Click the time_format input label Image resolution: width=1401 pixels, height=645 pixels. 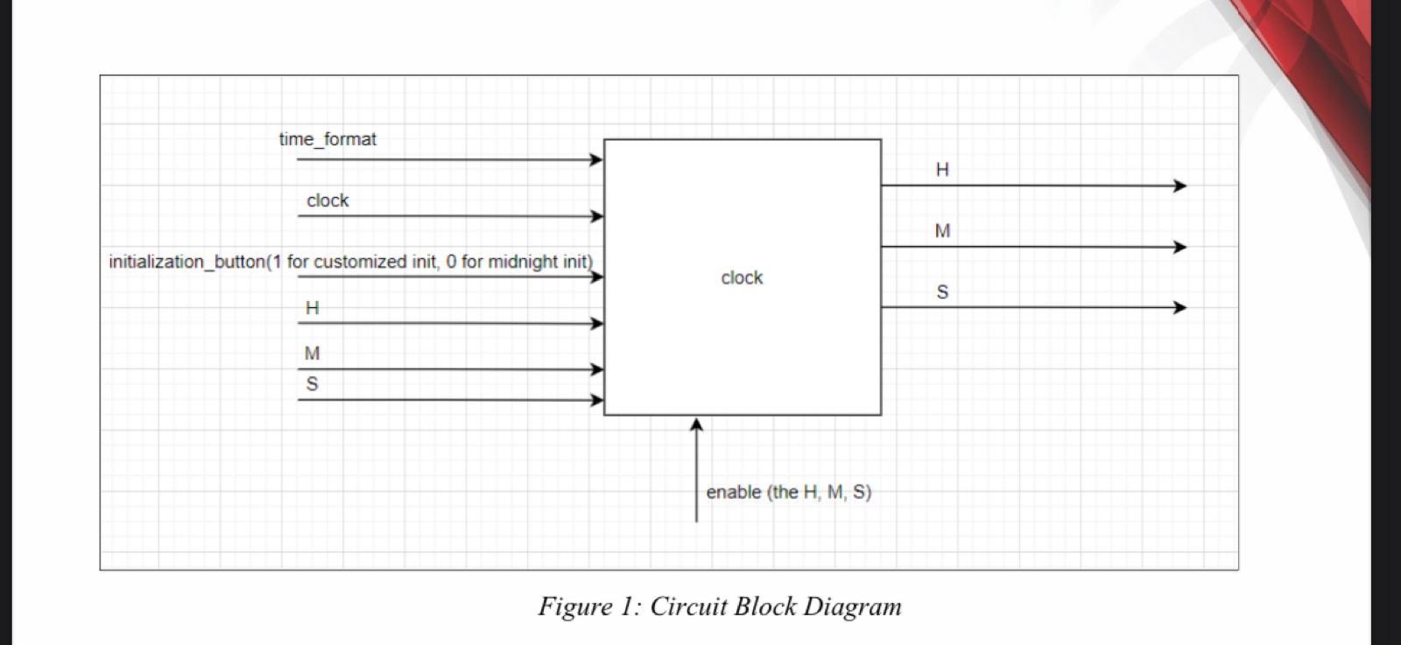[x=327, y=139]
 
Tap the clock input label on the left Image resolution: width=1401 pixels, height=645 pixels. [x=327, y=200]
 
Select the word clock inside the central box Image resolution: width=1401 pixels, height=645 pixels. [x=742, y=277]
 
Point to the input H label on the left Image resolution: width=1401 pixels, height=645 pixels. [x=312, y=308]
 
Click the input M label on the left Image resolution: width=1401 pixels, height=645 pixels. [x=312, y=354]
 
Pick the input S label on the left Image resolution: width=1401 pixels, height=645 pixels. [x=312, y=384]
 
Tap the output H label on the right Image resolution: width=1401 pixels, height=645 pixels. [x=942, y=170]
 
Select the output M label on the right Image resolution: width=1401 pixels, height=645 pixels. [x=942, y=231]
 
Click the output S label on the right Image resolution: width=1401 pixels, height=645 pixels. [x=942, y=292]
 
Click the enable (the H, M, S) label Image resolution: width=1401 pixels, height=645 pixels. [x=788, y=492]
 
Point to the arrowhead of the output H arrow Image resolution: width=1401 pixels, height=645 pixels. [x=1180, y=186]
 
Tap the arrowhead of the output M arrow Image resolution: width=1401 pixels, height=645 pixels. [x=1180, y=247]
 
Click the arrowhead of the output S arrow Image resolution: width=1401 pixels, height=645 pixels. [x=1180, y=307]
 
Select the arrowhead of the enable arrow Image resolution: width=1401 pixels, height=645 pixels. [x=696, y=424]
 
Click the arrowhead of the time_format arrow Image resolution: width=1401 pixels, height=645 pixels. [x=596, y=159]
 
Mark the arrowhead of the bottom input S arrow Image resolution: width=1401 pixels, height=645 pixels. [x=596, y=400]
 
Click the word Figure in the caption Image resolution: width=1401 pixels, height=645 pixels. [x=574, y=606]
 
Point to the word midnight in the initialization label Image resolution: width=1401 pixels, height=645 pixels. [x=523, y=262]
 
